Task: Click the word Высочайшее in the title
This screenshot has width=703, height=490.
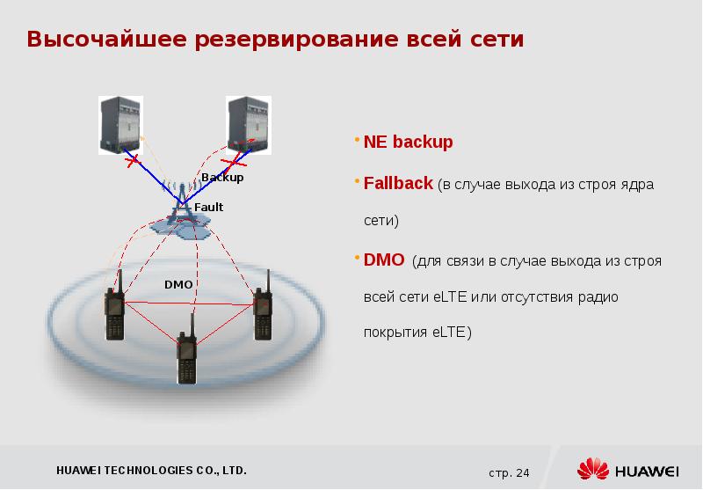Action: click(106, 39)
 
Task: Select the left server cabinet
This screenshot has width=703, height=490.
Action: click(120, 125)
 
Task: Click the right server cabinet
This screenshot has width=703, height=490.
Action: click(249, 125)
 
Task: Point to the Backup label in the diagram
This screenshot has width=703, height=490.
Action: click(222, 177)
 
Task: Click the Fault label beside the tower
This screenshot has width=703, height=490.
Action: click(208, 207)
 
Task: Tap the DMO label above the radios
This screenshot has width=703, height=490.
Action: click(178, 284)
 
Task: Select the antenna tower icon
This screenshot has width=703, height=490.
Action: click(182, 203)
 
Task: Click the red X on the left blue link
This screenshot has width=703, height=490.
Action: click(133, 161)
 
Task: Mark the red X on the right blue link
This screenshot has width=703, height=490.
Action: click(234, 163)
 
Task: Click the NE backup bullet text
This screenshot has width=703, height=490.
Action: click(408, 142)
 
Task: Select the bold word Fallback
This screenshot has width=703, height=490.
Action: click(398, 183)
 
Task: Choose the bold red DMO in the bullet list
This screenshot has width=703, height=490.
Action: click(384, 260)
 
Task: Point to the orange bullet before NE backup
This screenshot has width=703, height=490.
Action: click(357, 140)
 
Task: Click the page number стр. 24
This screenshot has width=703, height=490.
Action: click(509, 473)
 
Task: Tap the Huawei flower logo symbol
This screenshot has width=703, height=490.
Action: click(593, 470)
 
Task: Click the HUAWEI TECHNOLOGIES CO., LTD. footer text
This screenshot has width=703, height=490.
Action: click(151, 471)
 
